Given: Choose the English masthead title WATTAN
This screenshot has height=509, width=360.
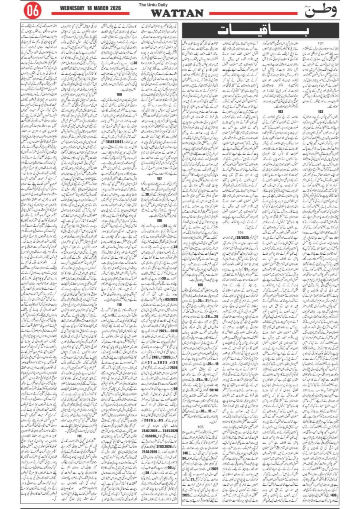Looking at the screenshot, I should pyautogui.click(x=172, y=14).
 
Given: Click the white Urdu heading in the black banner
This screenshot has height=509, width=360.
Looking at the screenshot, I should pyautogui.click(x=264, y=30).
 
